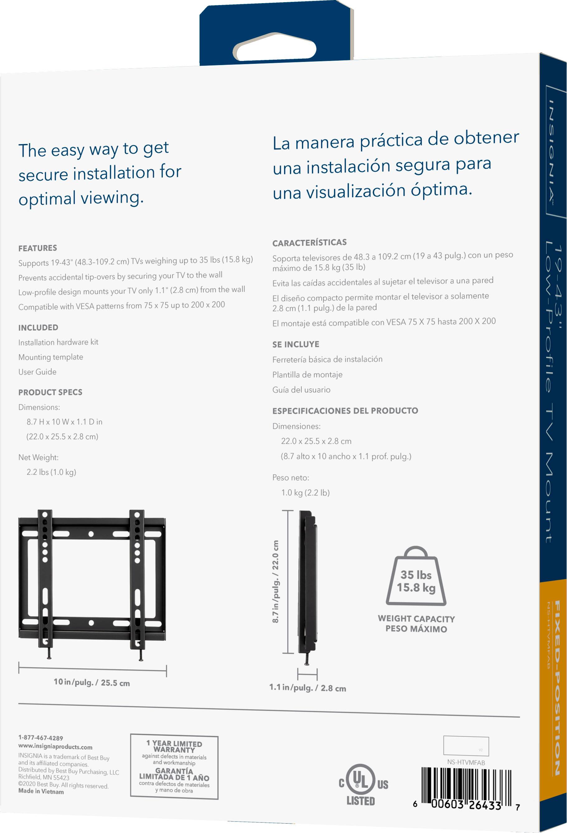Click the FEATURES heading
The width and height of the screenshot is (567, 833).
(38, 248)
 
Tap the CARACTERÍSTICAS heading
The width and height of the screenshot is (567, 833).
(309, 243)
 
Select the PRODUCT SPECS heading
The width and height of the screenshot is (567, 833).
(50, 392)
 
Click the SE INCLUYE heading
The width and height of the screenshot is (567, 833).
(296, 344)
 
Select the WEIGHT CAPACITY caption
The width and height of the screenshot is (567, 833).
(416, 619)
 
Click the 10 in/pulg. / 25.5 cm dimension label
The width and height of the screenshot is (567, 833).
(92, 682)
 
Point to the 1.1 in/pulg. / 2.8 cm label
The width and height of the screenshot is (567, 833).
(307, 687)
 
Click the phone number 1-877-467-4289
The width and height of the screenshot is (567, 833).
(40, 738)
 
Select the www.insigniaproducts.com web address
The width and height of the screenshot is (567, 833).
(55, 747)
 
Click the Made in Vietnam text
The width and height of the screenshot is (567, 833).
(41, 791)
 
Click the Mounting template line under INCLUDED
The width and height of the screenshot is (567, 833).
(50, 357)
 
